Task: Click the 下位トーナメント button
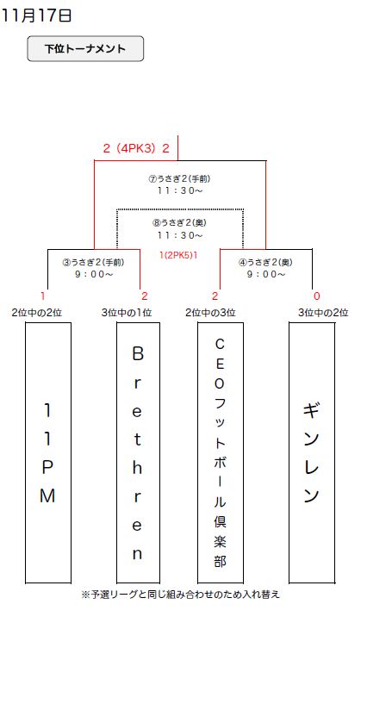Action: (x=85, y=48)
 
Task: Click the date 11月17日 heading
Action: (x=36, y=16)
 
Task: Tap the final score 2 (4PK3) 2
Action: (x=136, y=148)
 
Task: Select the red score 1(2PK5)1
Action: (x=178, y=255)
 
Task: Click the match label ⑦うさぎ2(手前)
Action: (x=179, y=178)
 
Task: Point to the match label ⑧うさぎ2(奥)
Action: (x=179, y=222)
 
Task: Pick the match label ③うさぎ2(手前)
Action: (x=93, y=262)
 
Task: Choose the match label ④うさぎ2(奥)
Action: (x=265, y=262)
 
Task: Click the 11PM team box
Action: (x=48, y=452)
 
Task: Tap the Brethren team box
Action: (x=138, y=452)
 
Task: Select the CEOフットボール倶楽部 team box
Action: (x=220, y=452)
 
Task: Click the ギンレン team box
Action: (x=312, y=452)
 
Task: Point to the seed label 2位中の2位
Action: (x=37, y=313)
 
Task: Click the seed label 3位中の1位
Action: (x=127, y=313)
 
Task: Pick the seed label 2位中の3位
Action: (x=210, y=313)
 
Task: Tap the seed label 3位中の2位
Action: (x=323, y=313)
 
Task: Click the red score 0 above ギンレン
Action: (x=316, y=296)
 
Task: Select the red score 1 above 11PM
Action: (x=43, y=296)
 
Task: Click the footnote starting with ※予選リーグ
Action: (x=181, y=595)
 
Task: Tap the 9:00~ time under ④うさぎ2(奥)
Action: (x=266, y=274)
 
